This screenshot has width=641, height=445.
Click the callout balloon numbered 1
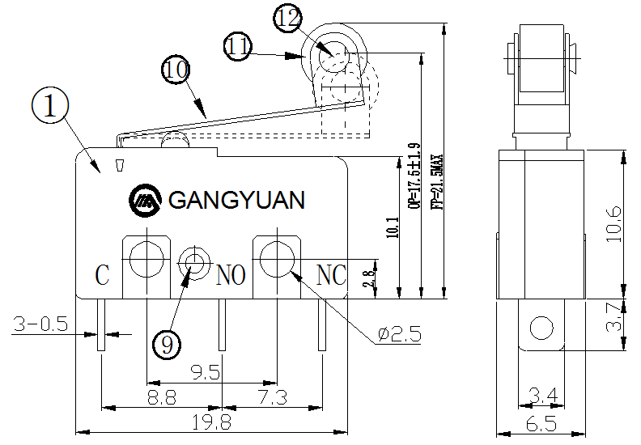coord(50,107)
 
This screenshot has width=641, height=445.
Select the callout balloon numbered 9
coord(167,345)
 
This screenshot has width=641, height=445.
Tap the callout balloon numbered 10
coord(176,69)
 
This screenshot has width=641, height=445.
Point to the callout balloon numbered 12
coord(288,17)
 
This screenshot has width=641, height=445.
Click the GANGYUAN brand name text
coord(236,200)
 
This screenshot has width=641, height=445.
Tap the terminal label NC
coord(331,276)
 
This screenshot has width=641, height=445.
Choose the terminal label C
coord(103,276)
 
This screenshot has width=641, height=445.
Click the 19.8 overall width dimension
coord(212,422)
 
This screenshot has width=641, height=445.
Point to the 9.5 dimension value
coord(206,373)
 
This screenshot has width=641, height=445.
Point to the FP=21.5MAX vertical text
coord(437,182)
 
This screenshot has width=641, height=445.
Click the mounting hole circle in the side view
coord(540,328)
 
